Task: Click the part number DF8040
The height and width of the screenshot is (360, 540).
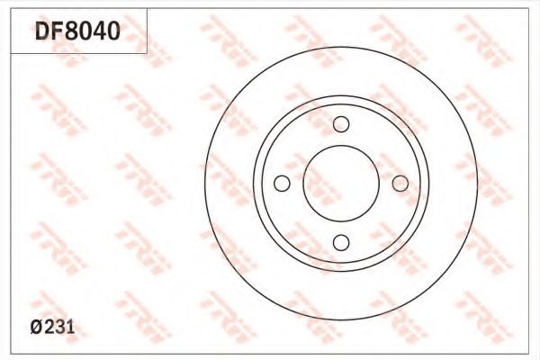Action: (x=77, y=31)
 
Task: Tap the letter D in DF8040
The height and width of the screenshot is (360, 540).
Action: (x=42, y=31)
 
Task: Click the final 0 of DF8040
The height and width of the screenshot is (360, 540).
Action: (x=113, y=31)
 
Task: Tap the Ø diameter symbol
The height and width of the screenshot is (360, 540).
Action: (x=37, y=327)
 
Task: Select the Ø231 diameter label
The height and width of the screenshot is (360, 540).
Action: (x=52, y=327)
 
